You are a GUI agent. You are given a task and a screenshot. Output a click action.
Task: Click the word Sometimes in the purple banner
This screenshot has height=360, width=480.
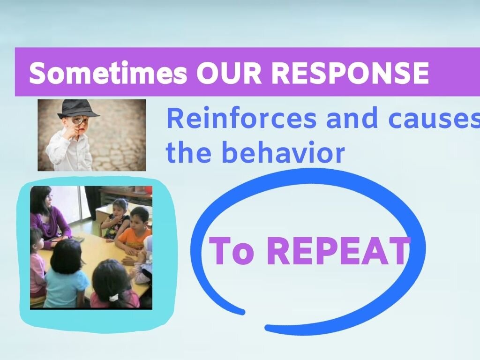pyautogui.click(x=108, y=73)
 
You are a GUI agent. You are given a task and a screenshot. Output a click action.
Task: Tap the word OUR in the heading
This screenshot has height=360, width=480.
pyautogui.click(x=229, y=73)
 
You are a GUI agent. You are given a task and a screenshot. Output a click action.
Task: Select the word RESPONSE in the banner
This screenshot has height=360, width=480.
pyautogui.click(x=350, y=73)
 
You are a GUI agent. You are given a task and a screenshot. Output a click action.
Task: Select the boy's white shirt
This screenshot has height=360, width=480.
pyautogui.click(x=69, y=150)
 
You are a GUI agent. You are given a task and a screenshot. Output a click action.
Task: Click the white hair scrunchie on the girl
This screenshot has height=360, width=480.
pyautogui.click(x=114, y=297)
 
